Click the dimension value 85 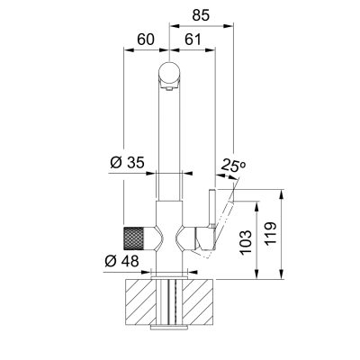point(201,15)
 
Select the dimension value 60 point(146,40)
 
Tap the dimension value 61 point(193,40)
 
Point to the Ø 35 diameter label point(127,162)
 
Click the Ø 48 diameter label point(122,261)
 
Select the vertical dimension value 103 point(246,242)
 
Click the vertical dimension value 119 point(271,234)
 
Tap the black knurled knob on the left point(133,238)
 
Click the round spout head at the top point(169,72)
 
